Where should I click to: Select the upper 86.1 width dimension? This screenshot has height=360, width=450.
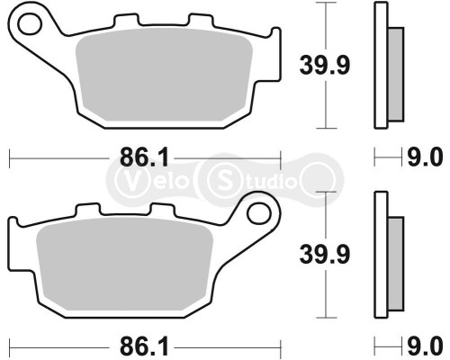pyautogui.click(x=127, y=158)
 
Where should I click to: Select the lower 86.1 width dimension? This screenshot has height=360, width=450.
pyautogui.click(x=127, y=344)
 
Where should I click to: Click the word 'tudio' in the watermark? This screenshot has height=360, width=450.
pyautogui.click(x=265, y=178)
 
